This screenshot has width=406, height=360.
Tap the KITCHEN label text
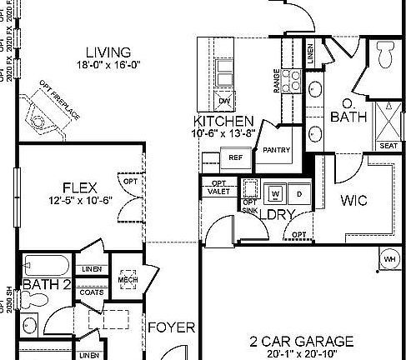pyautogui.click(x=223, y=122)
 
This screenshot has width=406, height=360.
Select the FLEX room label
pyautogui.click(x=81, y=186)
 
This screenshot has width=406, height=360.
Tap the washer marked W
pyautogui.click(x=273, y=194)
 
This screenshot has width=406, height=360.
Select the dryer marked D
pyautogui.click(x=298, y=194)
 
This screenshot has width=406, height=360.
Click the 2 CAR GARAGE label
pyautogui.click(x=302, y=341)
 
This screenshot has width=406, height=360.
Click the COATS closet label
pyautogui.click(x=93, y=292)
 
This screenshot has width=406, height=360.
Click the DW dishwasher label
pyautogui.click(x=224, y=102)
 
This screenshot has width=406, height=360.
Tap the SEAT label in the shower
pyautogui.click(x=388, y=145)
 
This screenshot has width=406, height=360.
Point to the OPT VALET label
pyautogui.click(x=218, y=187)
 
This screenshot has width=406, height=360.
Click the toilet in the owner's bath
pyautogui.click(x=386, y=56)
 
